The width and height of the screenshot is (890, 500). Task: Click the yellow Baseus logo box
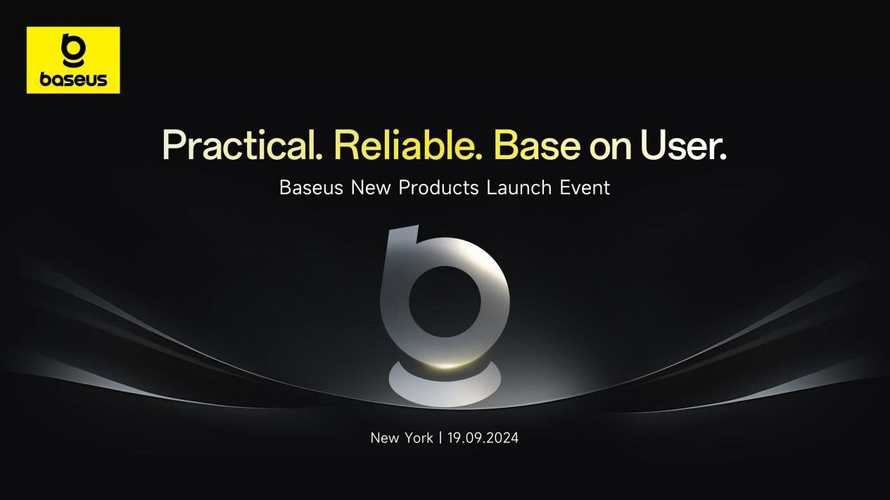click(x=73, y=60)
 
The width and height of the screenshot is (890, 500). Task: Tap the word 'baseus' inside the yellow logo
click(x=73, y=80)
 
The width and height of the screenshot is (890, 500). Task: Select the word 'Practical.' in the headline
click(x=243, y=145)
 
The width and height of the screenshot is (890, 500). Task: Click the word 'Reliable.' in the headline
click(x=408, y=144)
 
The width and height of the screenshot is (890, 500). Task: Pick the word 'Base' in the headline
click(x=537, y=144)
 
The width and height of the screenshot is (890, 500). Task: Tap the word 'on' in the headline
click(x=609, y=146)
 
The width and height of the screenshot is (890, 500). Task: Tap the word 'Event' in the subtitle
click(x=585, y=188)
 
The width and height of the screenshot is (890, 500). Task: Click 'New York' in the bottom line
click(x=402, y=438)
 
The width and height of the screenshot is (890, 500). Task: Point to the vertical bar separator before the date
click(x=440, y=438)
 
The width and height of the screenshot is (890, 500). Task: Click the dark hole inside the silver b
click(x=445, y=302)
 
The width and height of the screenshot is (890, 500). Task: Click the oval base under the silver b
click(x=445, y=386)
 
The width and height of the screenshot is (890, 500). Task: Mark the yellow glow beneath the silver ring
click(x=445, y=365)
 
